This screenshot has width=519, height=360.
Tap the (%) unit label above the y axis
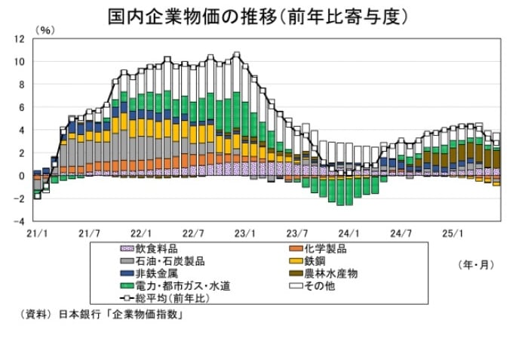pos(45,30)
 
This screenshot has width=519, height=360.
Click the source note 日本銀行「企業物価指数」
pos(121,315)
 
